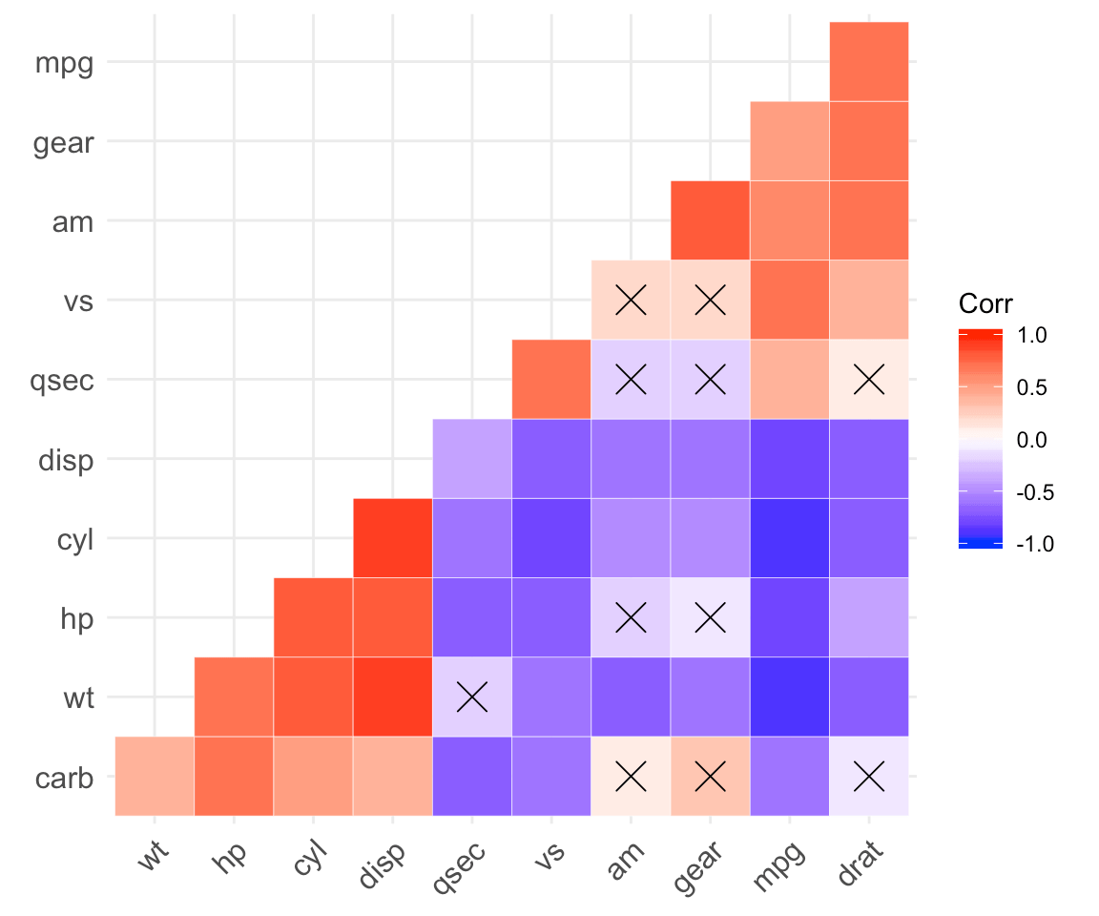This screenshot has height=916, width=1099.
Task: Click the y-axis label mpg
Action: (x=63, y=63)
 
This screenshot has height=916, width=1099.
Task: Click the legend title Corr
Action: (x=985, y=303)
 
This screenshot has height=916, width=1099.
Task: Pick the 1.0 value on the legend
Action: (x=1033, y=336)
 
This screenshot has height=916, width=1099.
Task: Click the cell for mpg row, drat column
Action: (x=868, y=61)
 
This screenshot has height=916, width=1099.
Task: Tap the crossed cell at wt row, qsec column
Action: (x=471, y=697)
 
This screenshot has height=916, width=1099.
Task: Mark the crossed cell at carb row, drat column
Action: (x=868, y=777)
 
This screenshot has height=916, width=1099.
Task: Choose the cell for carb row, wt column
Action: (x=155, y=777)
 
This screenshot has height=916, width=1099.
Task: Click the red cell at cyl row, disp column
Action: (x=392, y=538)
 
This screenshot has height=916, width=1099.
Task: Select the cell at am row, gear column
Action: (x=710, y=220)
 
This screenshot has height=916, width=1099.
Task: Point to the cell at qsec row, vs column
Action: (x=550, y=379)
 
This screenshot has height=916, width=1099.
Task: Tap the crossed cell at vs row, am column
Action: (x=631, y=300)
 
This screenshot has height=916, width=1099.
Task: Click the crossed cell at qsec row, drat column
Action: (x=868, y=379)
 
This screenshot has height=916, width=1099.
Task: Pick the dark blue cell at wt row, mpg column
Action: (x=789, y=697)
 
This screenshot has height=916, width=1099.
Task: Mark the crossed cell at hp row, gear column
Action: (x=710, y=617)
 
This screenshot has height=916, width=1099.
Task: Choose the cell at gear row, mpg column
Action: (x=789, y=140)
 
